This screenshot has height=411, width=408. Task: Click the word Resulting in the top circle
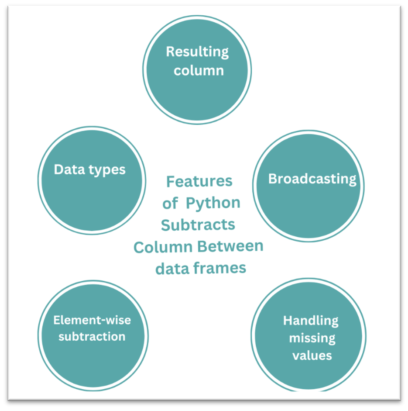[197, 52]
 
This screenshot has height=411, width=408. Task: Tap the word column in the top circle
[199, 70]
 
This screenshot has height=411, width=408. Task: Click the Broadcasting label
[312, 179]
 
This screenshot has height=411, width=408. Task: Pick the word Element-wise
[92, 320]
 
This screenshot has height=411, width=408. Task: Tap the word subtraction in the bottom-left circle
[92, 336]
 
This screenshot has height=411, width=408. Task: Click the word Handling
[311, 321]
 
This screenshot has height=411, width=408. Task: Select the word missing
[312, 338]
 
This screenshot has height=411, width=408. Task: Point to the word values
[312, 355]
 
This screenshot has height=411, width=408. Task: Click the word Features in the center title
[199, 181]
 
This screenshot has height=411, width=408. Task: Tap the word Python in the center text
[213, 203]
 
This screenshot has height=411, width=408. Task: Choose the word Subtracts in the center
[198, 224]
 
